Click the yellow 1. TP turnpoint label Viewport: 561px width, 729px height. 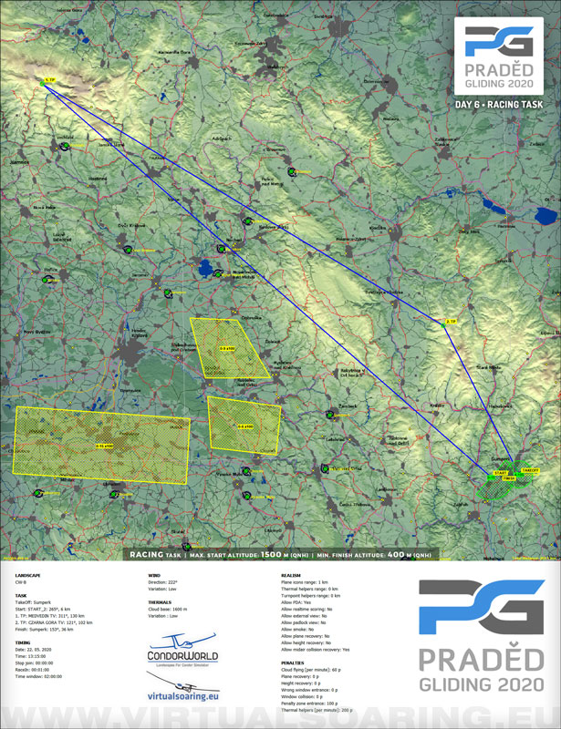tap(50, 81)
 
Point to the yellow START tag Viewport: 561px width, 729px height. tap(501, 473)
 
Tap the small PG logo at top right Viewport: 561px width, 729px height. tap(498, 43)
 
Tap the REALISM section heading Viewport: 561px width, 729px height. tap(294, 576)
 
